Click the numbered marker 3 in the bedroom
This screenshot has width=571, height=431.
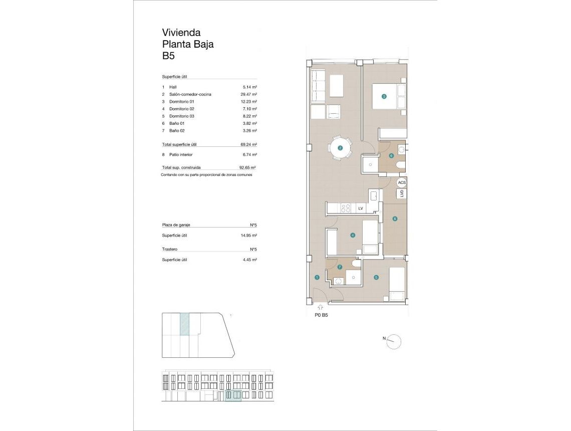(384, 97)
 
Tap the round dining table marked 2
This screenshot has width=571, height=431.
(340, 148)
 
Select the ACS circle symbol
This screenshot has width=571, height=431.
(402, 183)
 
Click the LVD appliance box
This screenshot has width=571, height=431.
(402, 194)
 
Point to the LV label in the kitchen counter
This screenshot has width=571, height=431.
(360, 208)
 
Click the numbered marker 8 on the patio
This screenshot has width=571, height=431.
(395, 218)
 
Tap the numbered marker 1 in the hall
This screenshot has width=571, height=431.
(317, 277)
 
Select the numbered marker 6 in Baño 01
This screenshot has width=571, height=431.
(391, 155)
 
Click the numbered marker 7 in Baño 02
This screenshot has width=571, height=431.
(339, 267)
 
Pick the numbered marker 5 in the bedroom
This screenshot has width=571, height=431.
(376, 277)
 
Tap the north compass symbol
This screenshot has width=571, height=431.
(394, 341)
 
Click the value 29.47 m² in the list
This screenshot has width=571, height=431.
(248, 94)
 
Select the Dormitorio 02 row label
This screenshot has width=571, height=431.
(181, 109)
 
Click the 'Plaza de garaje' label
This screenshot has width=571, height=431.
(176, 226)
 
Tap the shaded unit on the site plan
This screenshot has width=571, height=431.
(184, 324)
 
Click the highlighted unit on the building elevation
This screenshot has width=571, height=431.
(233, 395)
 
